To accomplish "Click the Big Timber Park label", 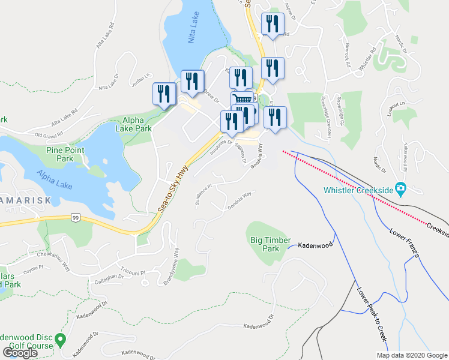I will [x=266, y=244].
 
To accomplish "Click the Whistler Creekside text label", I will [x=359, y=190].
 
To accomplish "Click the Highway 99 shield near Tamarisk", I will [x=74, y=217].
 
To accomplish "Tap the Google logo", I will [x=20, y=353].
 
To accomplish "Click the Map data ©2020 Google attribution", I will [x=411, y=355].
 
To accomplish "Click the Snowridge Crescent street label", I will [x=325, y=110].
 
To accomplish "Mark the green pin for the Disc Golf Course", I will [x=60, y=340].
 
